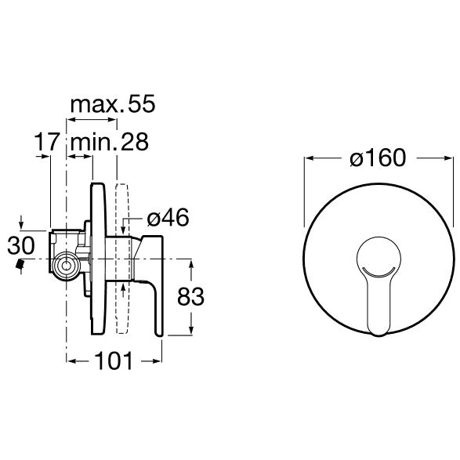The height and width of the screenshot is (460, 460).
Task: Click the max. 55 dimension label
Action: click(x=113, y=104)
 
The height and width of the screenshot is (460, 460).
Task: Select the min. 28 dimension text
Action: click(x=110, y=142)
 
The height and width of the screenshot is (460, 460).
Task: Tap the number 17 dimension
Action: click(x=47, y=142)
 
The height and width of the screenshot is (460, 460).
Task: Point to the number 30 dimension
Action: click(x=21, y=245)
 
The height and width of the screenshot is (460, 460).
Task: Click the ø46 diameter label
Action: click(x=168, y=218)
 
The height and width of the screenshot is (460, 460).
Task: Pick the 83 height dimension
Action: click(x=190, y=296)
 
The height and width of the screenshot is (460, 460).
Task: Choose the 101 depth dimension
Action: click(x=114, y=360)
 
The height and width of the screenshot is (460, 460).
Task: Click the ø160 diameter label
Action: click(x=378, y=158)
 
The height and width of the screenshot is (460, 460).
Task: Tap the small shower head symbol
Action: click(x=20, y=264)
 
